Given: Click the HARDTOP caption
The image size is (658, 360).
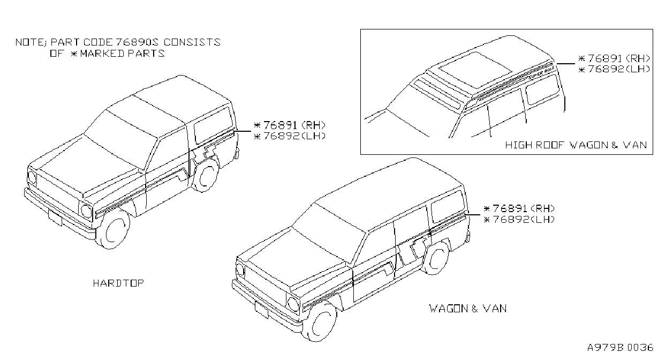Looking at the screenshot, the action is coord(118,283).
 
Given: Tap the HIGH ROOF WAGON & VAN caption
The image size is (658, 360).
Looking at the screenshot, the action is coord(576,145).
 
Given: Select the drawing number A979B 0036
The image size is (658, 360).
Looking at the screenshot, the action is coord(620,348).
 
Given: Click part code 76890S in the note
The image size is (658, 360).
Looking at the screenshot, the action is coord(137,42).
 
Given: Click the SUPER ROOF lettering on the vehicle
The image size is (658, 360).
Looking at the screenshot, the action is coord(541,73).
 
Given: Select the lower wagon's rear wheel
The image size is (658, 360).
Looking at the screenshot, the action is coord(436,258).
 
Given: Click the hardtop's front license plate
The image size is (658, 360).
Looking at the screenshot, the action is coord(55,219).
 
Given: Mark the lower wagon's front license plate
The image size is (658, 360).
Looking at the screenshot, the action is coord(261,310).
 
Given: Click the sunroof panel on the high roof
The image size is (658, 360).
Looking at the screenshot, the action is coord(475,70).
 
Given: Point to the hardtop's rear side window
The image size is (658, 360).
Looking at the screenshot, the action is coord(213,125).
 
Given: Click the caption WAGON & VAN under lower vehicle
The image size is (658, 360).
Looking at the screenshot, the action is coord(468,309).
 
